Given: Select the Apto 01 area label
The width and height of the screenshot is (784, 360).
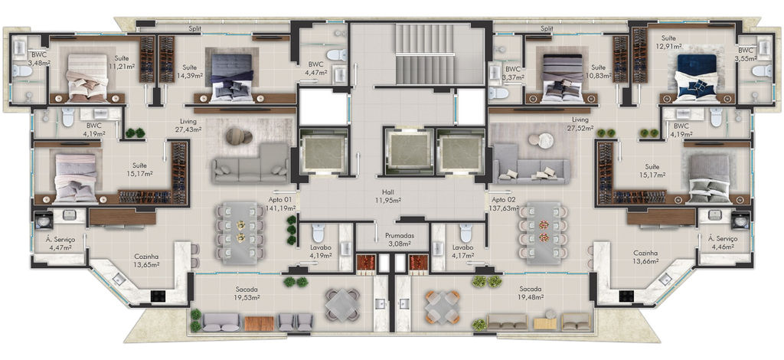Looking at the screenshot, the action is point(280,204).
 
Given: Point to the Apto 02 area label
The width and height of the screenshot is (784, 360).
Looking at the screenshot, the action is point(504,204).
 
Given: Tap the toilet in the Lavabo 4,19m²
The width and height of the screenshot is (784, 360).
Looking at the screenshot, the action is point(318,234).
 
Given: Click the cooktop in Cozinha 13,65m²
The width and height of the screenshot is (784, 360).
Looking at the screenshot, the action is point(158,296).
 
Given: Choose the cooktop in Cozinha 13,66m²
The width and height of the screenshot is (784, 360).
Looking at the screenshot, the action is point(626,296).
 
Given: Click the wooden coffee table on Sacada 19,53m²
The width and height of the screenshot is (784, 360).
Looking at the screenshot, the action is point(259,323).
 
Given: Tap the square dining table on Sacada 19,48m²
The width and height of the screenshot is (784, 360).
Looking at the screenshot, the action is point(443,307).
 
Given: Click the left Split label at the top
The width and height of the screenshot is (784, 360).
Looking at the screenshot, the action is point(194,29).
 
